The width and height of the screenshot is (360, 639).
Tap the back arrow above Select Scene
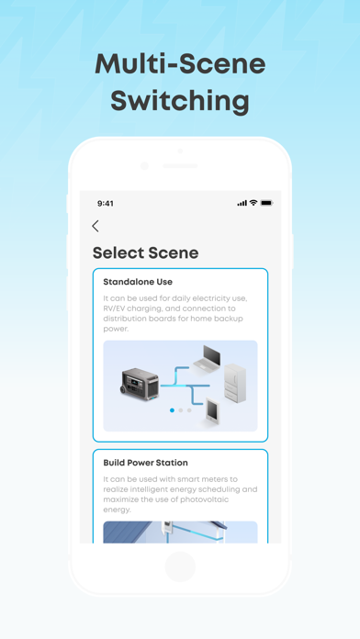tap(96, 226)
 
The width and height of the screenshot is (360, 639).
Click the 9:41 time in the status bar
tap(106, 203)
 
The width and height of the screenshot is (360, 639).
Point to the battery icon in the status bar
tap(266, 203)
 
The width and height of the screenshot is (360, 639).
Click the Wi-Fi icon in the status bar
tap(253, 203)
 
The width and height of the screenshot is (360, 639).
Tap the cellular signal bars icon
tap(242, 203)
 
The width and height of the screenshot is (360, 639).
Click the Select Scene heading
tap(145, 252)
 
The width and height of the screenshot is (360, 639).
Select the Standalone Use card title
tap(138, 282)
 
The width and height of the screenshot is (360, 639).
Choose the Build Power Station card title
tap(145, 462)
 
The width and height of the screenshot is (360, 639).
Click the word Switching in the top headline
tap(180, 101)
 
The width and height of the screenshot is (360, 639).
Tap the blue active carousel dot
tap(172, 410)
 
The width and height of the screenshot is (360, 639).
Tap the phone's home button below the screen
tap(180, 566)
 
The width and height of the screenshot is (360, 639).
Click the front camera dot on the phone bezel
tap(144, 166)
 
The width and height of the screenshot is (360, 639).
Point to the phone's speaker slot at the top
tap(180, 166)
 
